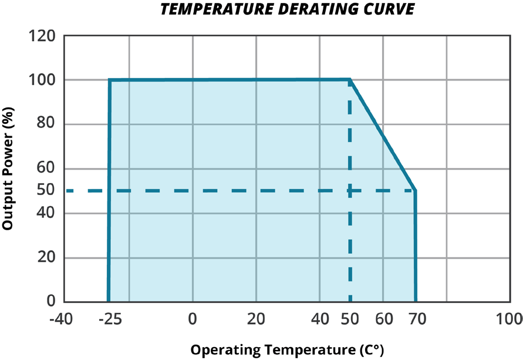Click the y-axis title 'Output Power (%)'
point(8,169)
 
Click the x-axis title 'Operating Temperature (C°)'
point(287,350)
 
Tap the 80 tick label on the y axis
point(46,125)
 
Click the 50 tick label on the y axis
point(46,190)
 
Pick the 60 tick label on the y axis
point(46,169)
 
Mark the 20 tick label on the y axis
point(46,258)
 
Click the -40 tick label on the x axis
point(61,320)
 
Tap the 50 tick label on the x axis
point(350,320)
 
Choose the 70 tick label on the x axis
point(416,320)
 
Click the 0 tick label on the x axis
point(193,320)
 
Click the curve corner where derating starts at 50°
point(350,79)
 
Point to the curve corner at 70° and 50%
point(415,190)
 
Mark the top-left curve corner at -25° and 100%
point(110,80)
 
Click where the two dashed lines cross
point(350,190)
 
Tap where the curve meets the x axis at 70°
point(416,301)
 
